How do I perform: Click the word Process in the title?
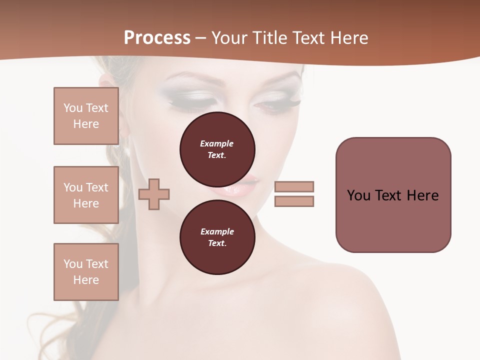click(x=157, y=38)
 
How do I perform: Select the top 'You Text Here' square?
click(x=86, y=116)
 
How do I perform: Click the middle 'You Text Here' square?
click(x=86, y=195)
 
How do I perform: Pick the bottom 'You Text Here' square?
click(x=86, y=272)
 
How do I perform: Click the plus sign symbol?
click(x=154, y=193)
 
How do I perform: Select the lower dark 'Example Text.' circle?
click(x=217, y=237)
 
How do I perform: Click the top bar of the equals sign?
click(x=294, y=186)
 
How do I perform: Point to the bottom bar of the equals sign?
click(x=294, y=201)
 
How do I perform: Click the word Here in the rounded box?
click(x=422, y=195)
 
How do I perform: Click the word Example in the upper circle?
click(x=217, y=143)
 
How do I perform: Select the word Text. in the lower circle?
click(x=217, y=243)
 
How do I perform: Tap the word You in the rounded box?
click(x=358, y=195)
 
